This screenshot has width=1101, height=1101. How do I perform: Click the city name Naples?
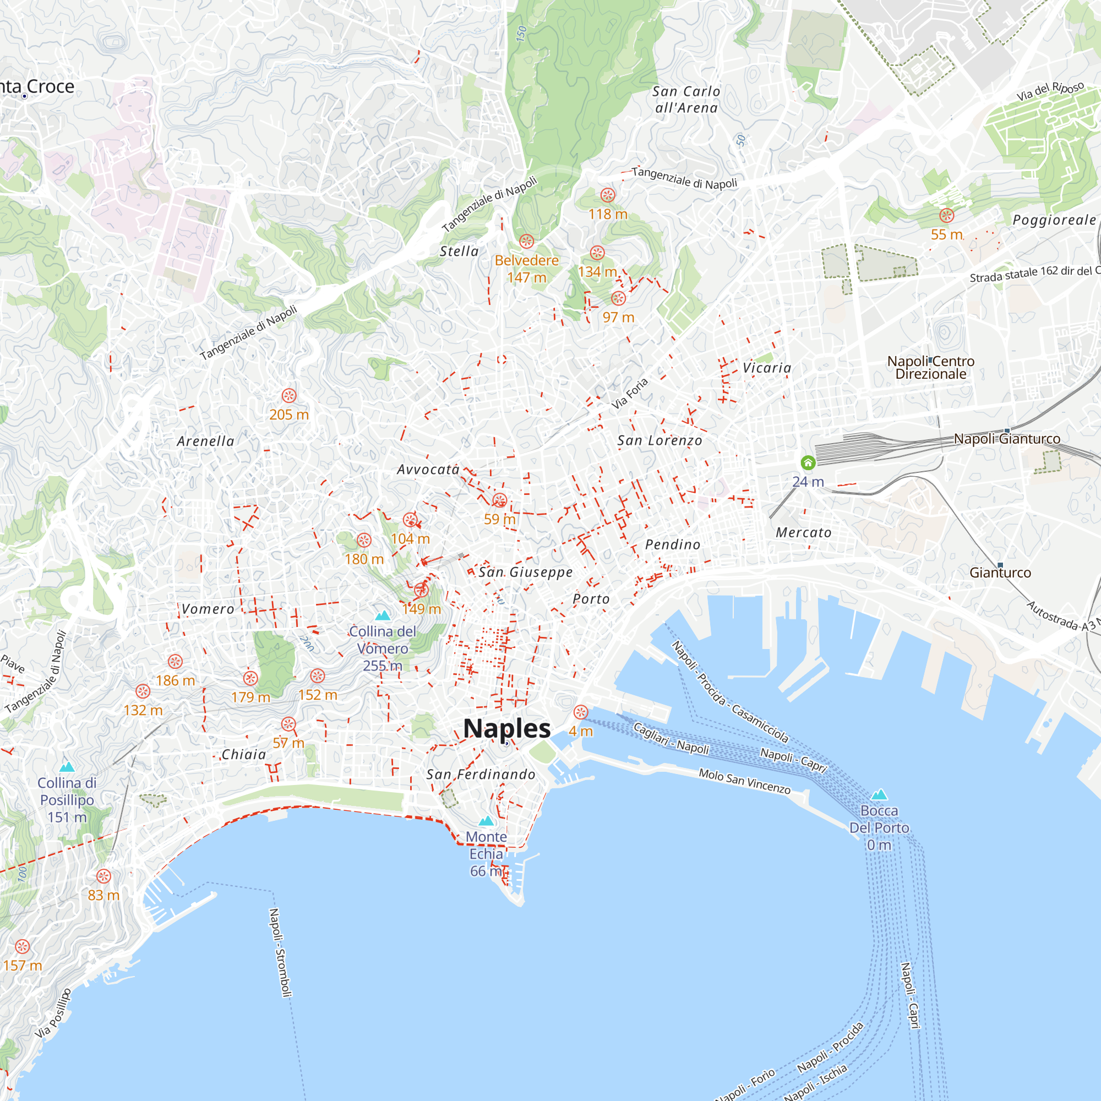point(506,728)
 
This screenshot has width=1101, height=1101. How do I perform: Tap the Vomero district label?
point(208,609)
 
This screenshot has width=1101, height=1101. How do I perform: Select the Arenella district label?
point(206,441)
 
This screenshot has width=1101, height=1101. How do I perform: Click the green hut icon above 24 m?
point(808,462)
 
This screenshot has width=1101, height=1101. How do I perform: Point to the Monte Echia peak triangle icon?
point(486,821)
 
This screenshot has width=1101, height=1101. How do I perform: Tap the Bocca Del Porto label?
point(879,827)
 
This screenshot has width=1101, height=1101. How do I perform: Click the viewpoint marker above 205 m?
point(289,395)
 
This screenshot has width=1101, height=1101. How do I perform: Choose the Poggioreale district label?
point(1054,220)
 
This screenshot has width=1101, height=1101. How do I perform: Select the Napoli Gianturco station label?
point(1007,439)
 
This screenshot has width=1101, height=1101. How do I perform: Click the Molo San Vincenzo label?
point(744,781)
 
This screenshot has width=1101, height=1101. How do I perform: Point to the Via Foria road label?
point(630,393)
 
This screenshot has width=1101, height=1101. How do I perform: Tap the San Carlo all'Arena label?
point(686,100)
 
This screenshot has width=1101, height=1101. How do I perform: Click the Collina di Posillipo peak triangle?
point(67,766)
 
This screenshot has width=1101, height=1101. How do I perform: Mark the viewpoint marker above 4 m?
point(581,712)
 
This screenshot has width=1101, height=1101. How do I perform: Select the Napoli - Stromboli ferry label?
point(280,952)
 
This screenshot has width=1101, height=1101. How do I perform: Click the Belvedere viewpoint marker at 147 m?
point(527,241)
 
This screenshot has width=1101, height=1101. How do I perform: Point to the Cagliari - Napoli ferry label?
point(671,739)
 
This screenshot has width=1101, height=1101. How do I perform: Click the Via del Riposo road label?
point(1050,91)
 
